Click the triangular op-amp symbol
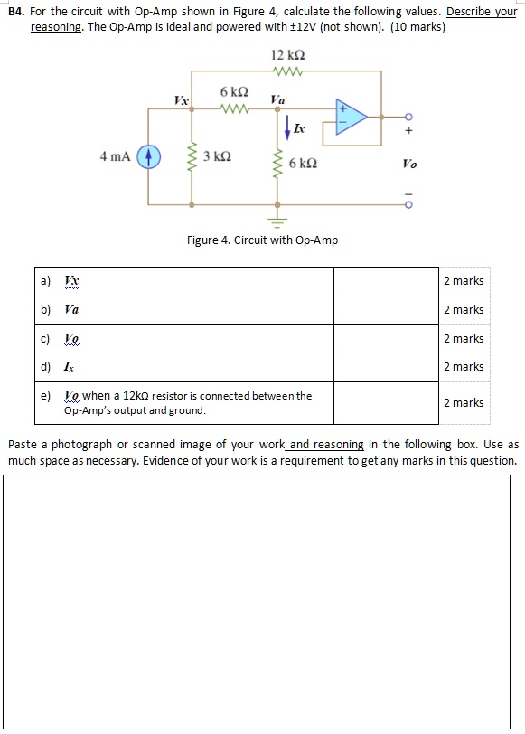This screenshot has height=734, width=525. [x=352, y=116]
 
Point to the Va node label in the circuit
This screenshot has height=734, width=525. [x=277, y=99]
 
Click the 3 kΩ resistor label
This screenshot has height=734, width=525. [x=217, y=157]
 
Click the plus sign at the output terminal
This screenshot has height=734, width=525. [x=408, y=131]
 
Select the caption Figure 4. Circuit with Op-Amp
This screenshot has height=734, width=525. [x=262, y=240]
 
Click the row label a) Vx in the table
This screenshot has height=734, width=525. [x=60, y=281]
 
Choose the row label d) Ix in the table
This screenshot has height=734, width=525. [x=59, y=367]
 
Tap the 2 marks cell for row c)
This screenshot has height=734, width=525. [x=464, y=338]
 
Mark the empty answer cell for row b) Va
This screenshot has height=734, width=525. [x=386, y=309]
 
